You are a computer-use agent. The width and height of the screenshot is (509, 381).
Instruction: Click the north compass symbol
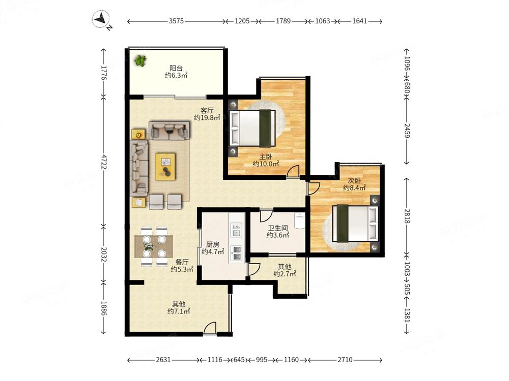pos(101,19)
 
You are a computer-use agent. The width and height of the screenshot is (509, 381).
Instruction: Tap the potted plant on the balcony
pos(140,60)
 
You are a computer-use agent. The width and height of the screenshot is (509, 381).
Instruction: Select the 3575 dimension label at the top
pos(176,21)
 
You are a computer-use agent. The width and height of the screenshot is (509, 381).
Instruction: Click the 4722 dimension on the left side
pos(103,162)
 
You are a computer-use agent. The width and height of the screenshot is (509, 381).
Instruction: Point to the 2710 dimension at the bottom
pos(345,360)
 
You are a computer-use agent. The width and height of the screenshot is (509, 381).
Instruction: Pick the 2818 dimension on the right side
pos(407,216)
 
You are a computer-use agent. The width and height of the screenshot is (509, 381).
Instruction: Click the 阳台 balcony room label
pos(176,68)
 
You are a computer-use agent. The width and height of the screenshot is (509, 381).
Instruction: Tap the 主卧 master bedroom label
pos(266,157)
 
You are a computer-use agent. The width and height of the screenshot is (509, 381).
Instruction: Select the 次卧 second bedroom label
pos(354,180)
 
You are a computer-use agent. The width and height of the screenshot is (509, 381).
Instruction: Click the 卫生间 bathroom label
pos(278,228)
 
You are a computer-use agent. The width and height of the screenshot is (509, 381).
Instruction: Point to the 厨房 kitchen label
pos(213,245)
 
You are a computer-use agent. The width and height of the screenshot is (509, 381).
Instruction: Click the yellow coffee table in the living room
pos(165,167)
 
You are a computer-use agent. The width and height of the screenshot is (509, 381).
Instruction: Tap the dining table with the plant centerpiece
pos(154,246)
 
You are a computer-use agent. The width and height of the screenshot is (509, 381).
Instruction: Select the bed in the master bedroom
pos(253,128)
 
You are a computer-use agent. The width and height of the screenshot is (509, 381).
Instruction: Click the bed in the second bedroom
pos(355,223)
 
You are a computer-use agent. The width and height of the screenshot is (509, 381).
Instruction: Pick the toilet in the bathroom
pos(299,220)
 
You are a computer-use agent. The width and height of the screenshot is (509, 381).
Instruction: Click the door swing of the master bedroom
pos(293,171)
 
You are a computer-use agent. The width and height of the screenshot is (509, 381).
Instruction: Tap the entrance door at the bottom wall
pos(210,328)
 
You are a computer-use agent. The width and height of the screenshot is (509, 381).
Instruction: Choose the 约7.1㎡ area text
pos(179,311)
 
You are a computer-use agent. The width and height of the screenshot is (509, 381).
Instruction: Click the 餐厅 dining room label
pos(182,262)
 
